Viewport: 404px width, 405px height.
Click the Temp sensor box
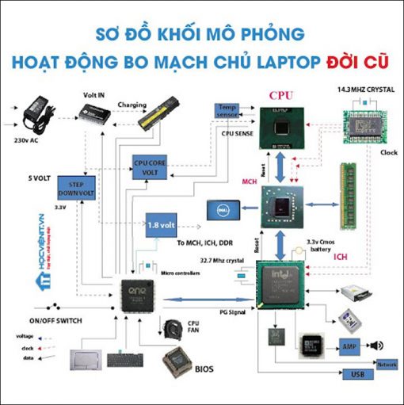227,111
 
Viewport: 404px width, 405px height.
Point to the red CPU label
280,95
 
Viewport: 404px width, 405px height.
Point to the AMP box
350,346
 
